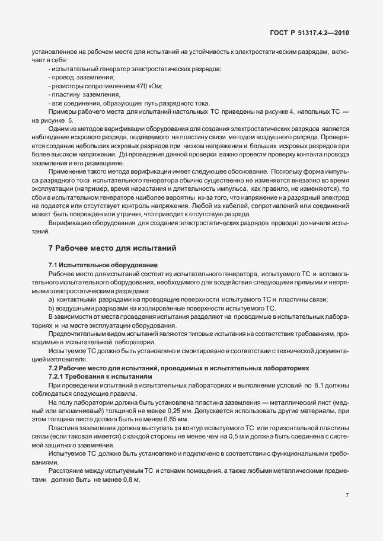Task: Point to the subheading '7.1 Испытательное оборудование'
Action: [103, 264]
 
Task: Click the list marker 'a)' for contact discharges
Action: [52, 300]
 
